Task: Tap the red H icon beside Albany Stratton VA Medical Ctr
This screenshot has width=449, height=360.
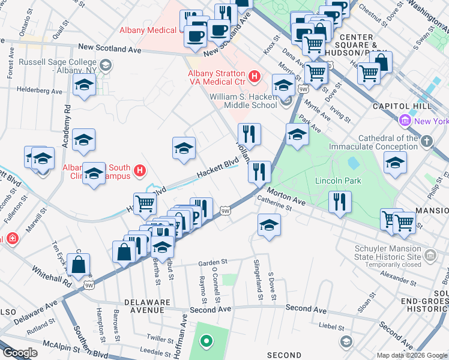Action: [x=255, y=77]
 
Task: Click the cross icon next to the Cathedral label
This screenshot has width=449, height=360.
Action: [x=426, y=142]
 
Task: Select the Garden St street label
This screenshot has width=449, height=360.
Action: [x=213, y=262]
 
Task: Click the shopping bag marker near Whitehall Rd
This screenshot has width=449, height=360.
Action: [x=79, y=264]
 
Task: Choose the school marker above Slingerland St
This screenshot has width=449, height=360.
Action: [x=269, y=226]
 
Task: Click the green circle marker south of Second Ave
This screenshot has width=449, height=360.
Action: [x=206, y=342]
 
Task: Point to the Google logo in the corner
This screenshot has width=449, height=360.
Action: [x=20, y=353]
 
